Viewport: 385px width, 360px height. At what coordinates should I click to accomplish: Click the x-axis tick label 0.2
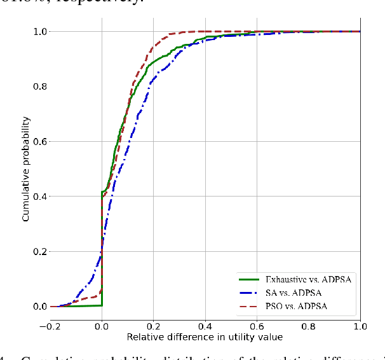pyautogui.click(x=154, y=326)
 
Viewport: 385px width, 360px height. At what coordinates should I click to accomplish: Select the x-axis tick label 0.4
pyautogui.click(x=205, y=326)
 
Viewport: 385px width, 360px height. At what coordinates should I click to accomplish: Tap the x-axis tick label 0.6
pyautogui.click(x=257, y=326)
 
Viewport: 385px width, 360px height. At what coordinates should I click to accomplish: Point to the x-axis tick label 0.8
pyautogui.click(x=308, y=326)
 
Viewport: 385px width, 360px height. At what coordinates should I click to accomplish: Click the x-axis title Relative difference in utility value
pyautogui.click(x=205, y=336)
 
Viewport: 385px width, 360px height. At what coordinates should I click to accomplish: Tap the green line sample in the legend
pyautogui.click(x=250, y=278)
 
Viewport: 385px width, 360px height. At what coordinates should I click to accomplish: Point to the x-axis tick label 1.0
pyautogui.click(x=360, y=326)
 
